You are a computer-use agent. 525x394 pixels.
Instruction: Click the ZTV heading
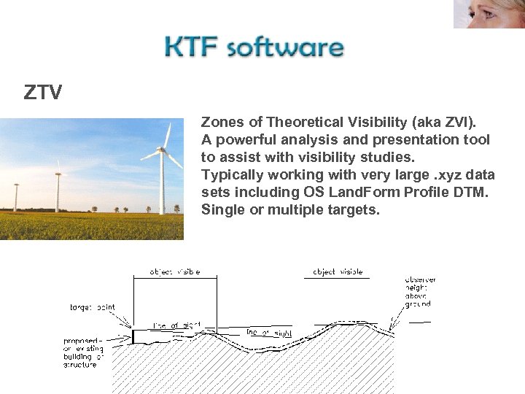coord(43,93)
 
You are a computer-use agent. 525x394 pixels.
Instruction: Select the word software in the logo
coord(285,48)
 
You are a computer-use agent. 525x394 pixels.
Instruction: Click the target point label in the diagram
coord(93,307)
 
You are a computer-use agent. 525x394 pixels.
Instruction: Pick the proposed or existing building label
coord(83,352)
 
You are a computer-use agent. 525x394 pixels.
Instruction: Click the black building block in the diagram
coord(133,336)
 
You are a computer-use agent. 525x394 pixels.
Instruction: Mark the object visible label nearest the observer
coord(338,271)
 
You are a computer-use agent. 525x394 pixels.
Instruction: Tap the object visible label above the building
coord(175,271)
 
